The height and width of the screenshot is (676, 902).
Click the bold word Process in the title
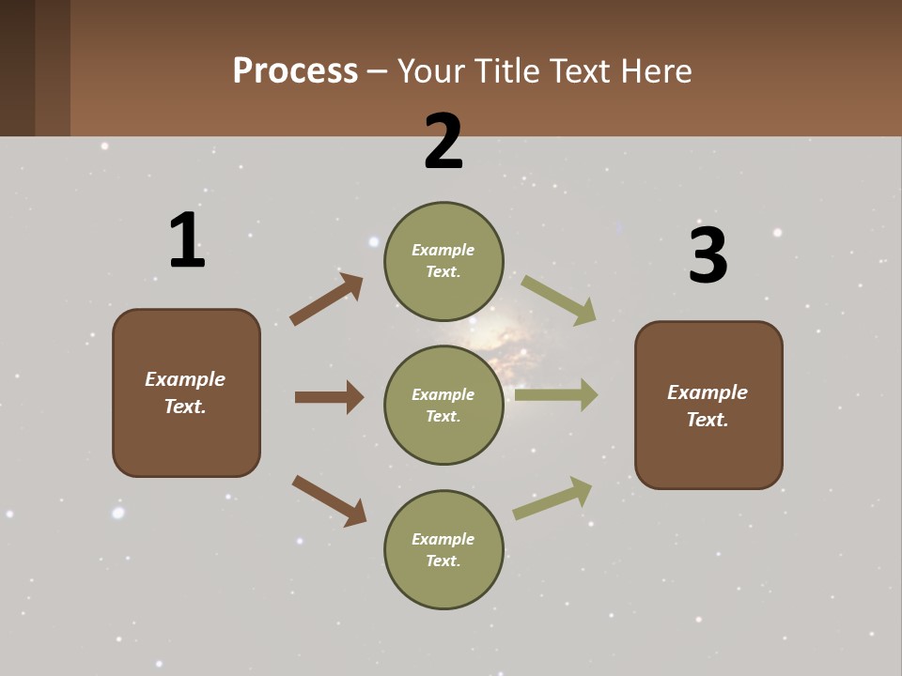[x=295, y=71]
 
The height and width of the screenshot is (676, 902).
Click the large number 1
[x=186, y=241]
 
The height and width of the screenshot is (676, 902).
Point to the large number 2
[x=443, y=142]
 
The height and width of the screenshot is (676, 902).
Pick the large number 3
[x=708, y=256]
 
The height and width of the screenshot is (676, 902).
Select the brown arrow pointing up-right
[x=326, y=300]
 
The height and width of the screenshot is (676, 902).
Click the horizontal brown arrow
[x=329, y=397]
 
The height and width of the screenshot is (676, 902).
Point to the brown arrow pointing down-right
[x=329, y=499]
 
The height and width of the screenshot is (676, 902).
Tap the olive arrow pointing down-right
[x=559, y=300]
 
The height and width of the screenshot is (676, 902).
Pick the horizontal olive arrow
[x=556, y=394]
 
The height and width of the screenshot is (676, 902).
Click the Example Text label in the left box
[x=185, y=392]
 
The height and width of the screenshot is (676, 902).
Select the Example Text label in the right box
[x=708, y=406]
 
